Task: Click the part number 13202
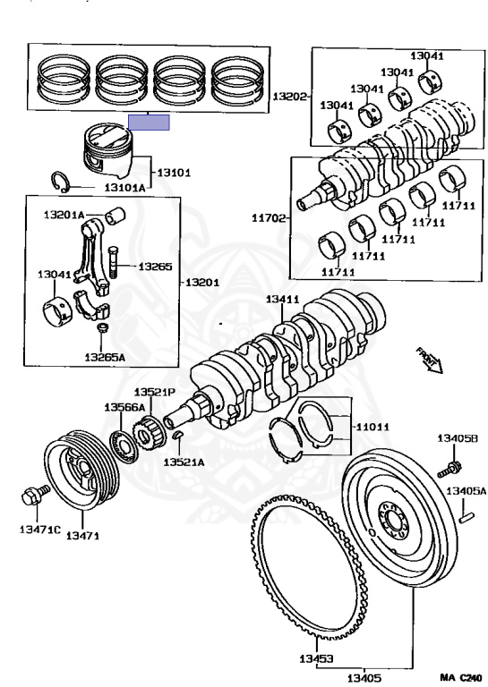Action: [289, 96]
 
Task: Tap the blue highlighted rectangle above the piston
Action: [149, 123]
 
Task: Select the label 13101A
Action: [124, 188]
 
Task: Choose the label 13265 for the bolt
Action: [155, 267]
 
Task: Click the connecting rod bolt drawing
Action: [113, 262]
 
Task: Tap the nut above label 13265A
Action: [103, 327]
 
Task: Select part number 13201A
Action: [64, 215]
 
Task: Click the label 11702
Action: [269, 217]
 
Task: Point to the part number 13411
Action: [283, 300]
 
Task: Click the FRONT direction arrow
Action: [430, 360]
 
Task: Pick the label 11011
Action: [372, 427]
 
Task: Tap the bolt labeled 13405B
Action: [449, 470]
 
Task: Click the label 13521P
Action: [154, 392]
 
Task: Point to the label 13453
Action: [317, 658]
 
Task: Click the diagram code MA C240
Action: [462, 678]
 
